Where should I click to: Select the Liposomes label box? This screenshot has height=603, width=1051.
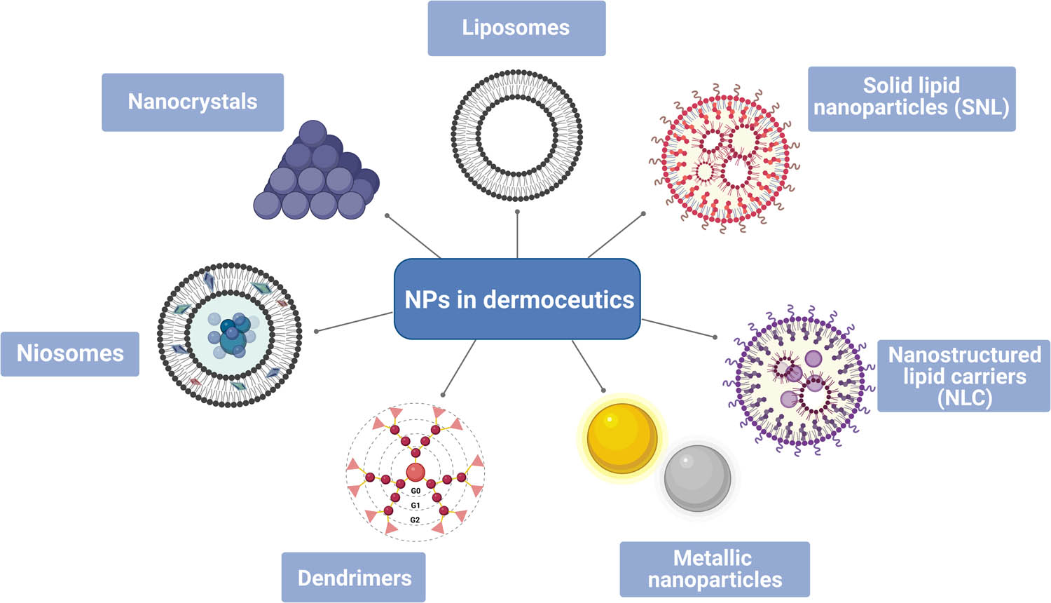point(516,28)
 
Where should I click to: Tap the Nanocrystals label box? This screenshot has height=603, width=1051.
point(193,102)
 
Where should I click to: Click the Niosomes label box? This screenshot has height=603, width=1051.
point(70,353)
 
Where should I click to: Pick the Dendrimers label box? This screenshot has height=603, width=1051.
point(354,577)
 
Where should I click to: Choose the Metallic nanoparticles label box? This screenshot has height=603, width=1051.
point(715,569)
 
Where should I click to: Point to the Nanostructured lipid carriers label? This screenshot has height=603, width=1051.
point(963,376)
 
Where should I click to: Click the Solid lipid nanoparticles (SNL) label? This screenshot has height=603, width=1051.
point(911,97)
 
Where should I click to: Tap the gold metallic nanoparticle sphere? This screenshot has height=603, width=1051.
point(621,438)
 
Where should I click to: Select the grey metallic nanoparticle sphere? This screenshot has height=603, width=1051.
point(697,478)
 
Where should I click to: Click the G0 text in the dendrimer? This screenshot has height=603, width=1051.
point(415,491)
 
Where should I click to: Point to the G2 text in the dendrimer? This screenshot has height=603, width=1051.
point(415,520)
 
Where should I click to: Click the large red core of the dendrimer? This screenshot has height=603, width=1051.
point(415,472)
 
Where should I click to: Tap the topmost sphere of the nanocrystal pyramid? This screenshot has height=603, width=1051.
point(312,134)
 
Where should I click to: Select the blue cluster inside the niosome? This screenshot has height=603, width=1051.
point(232,334)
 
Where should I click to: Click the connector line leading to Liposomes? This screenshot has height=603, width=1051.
point(517,235)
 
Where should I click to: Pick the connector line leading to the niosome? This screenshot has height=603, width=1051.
point(354,322)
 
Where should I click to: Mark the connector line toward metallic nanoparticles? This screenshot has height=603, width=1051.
point(587,365)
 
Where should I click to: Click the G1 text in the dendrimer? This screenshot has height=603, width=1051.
point(415,506)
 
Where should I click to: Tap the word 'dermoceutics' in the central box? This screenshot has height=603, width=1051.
point(558,300)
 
